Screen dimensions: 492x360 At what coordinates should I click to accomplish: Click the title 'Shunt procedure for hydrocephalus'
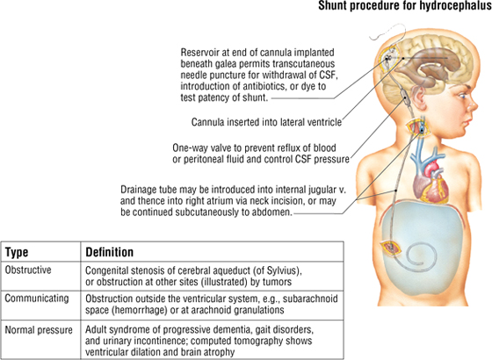pyautogui.click(x=405, y=5)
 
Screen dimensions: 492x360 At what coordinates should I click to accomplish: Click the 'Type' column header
pyautogui.click(x=17, y=252)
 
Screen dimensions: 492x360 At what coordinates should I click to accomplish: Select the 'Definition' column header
pyautogui.click(x=110, y=252)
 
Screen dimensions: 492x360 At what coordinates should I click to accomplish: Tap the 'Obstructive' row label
pyautogui.click(x=28, y=270)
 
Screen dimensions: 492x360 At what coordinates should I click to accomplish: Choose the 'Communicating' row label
pyautogui.click(x=37, y=298)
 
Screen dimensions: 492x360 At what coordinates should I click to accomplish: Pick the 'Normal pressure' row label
pyautogui.click(x=39, y=330)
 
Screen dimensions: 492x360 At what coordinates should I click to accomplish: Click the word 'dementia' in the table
pyautogui.click(x=232, y=329)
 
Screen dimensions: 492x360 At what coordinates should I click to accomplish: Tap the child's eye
pyautogui.click(x=462, y=97)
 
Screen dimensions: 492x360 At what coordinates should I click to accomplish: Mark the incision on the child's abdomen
pyautogui.click(x=391, y=248)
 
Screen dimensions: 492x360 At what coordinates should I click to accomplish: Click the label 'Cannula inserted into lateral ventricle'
pyautogui.click(x=266, y=122)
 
